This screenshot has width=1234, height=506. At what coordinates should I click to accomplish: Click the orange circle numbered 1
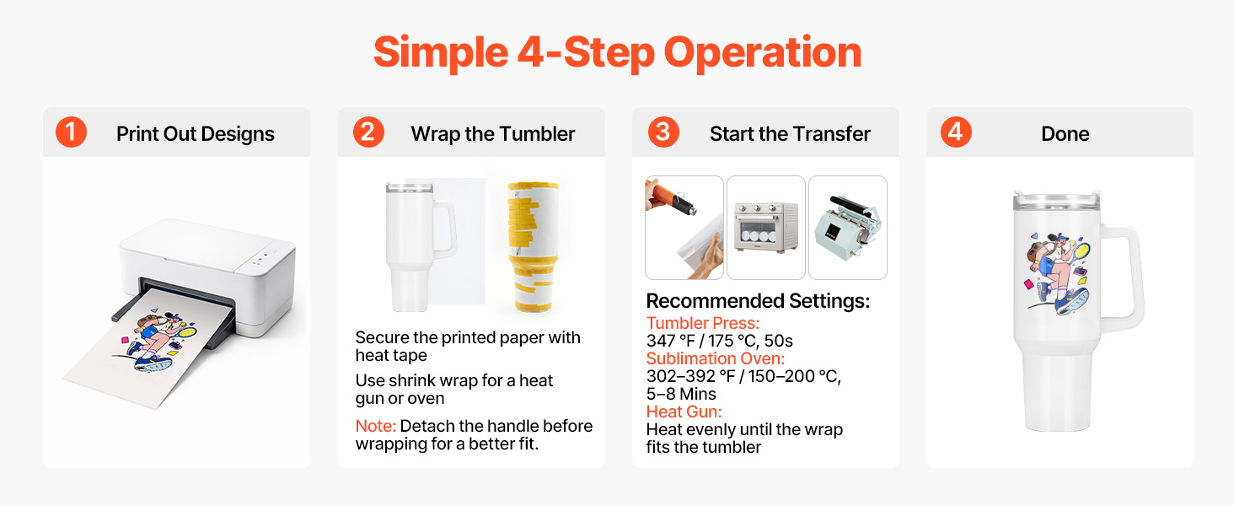(71, 132)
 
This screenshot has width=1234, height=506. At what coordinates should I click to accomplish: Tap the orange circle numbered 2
(368, 132)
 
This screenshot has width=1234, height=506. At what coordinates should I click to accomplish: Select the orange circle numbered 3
(663, 132)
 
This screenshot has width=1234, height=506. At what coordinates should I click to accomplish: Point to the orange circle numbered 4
(956, 132)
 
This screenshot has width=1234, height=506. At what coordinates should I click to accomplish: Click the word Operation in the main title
(763, 53)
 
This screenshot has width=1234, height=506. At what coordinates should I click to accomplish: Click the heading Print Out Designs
(195, 134)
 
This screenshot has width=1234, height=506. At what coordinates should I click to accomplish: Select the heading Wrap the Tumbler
(492, 134)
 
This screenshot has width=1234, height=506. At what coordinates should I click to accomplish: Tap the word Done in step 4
(1065, 134)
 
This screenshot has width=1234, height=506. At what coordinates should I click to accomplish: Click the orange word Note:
(375, 426)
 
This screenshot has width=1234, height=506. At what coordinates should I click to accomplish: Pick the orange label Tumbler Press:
(702, 324)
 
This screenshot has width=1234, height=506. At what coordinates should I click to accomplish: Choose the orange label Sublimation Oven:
(715, 358)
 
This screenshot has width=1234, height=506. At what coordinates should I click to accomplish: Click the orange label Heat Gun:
(684, 412)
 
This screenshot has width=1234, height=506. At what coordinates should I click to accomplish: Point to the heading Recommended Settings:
(758, 301)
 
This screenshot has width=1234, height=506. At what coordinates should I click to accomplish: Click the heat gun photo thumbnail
(684, 228)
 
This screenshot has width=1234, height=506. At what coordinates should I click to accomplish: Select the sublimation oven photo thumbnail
(765, 228)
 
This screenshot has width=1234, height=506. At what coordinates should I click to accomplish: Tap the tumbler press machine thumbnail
(848, 228)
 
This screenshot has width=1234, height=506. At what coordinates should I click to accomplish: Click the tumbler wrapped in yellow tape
(533, 247)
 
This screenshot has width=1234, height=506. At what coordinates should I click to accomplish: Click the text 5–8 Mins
(681, 394)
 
